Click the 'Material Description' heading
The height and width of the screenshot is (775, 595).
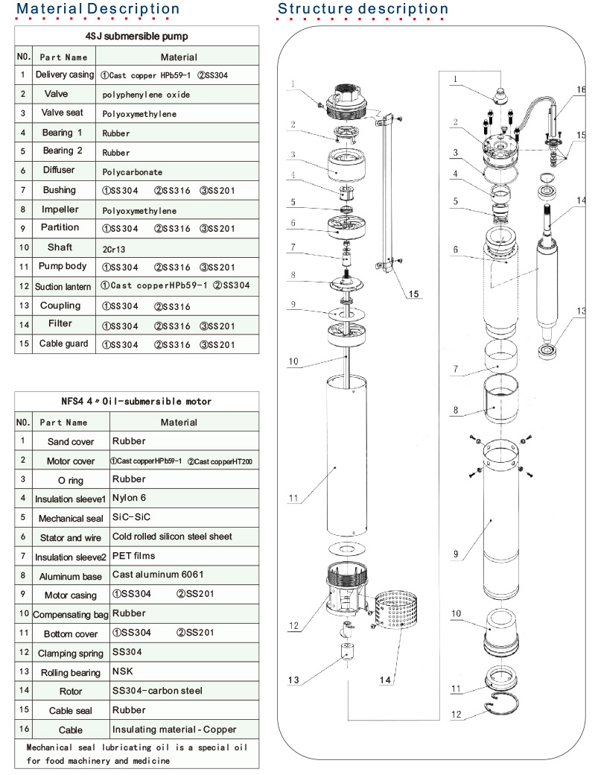click(98, 9)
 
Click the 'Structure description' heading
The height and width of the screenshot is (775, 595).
click(363, 9)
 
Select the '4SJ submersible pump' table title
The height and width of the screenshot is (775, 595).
click(137, 36)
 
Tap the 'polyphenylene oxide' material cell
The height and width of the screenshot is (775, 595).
click(146, 95)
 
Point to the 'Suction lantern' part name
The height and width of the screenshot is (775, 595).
click(63, 286)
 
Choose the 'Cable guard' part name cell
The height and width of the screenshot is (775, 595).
click(63, 344)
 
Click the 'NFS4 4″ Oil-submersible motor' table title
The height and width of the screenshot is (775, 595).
click(136, 401)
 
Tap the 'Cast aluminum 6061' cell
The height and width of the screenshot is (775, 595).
click(158, 574)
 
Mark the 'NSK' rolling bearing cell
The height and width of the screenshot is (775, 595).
click(123, 671)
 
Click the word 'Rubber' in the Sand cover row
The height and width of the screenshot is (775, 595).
click(126, 441)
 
